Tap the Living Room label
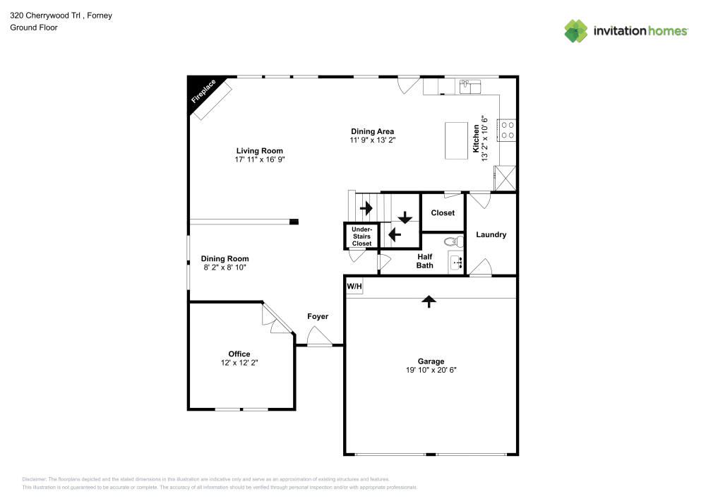pyautogui.click(x=259, y=150)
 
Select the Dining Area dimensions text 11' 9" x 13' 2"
pyautogui.click(x=373, y=140)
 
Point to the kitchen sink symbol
pyautogui.click(x=469, y=87)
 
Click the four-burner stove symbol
pyautogui.click(x=508, y=129)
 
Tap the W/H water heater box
pyautogui.click(x=354, y=286)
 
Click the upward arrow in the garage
pyautogui.click(x=429, y=301)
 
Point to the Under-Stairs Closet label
pyautogui.click(x=361, y=236)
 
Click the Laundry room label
pyautogui.click(x=491, y=234)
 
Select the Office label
pyautogui.click(x=239, y=354)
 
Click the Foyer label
pyautogui.click(x=318, y=316)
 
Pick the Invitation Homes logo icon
pyautogui.click(x=576, y=31)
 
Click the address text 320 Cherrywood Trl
pyautogui.click(x=50, y=15)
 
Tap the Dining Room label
pyautogui.click(x=225, y=258)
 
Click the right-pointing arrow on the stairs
pyautogui.click(x=366, y=208)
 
